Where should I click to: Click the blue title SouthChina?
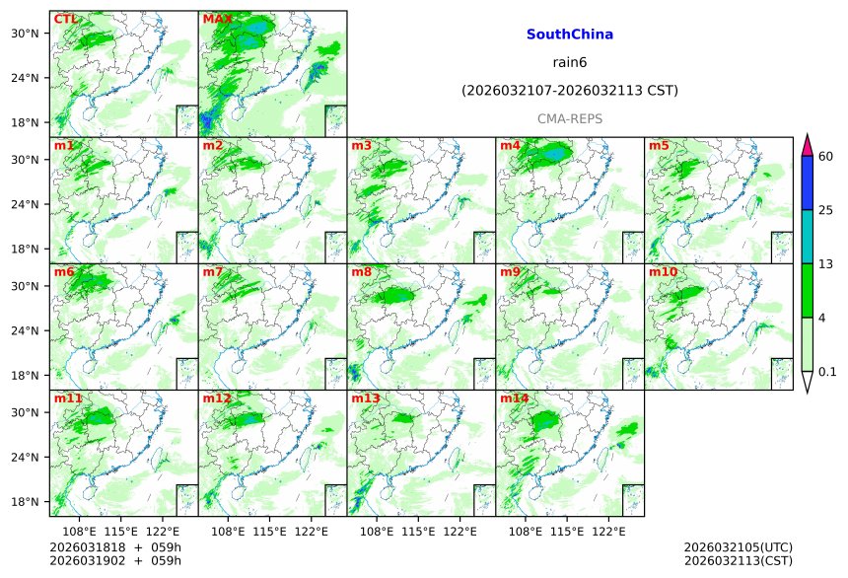click(x=569, y=35)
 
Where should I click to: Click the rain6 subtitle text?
click(x=569, y=62)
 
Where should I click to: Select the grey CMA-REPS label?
click(x=569, y=118)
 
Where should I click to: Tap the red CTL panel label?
click(x=65, y=19)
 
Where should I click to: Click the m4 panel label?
click(x=510, y=146)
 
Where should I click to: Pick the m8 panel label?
click(x=361, y=272)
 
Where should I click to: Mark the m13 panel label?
click(x=365, y=398)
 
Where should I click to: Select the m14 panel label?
click(x=514, y=398)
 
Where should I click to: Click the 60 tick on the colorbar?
click(x=826, y=156)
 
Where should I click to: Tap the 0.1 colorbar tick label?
click(x=827, y=371)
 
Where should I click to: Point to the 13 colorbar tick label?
click(x=826, y=263)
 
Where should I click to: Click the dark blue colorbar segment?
click(x=807, y=182)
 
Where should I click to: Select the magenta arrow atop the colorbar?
click(x=807, y=144)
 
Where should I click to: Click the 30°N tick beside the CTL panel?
click(x=32, y=34)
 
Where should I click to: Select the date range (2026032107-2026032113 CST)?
click(x=569, y=91)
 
